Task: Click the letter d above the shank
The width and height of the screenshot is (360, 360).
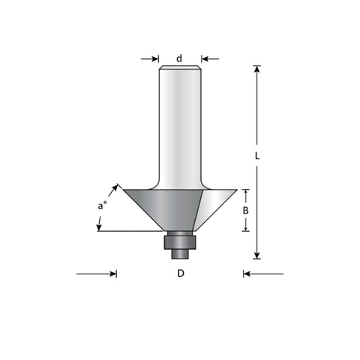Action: tap(179, 58)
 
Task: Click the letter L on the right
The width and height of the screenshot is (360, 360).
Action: tap(257, 156)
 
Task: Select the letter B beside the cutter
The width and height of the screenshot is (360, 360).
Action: tap(246, 211)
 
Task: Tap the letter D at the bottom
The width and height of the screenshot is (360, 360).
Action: tap(181, 274)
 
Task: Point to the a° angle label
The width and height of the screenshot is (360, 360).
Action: tap(102, 205)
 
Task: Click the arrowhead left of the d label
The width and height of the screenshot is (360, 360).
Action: tap(155, 59)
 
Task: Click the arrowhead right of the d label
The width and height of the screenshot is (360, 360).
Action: tap(205, 59)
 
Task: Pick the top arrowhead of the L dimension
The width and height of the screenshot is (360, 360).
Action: tap(257, 69)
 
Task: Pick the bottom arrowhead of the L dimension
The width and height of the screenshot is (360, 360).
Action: tap(257, 255)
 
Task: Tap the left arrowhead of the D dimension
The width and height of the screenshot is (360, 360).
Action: tap(113, 274)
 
